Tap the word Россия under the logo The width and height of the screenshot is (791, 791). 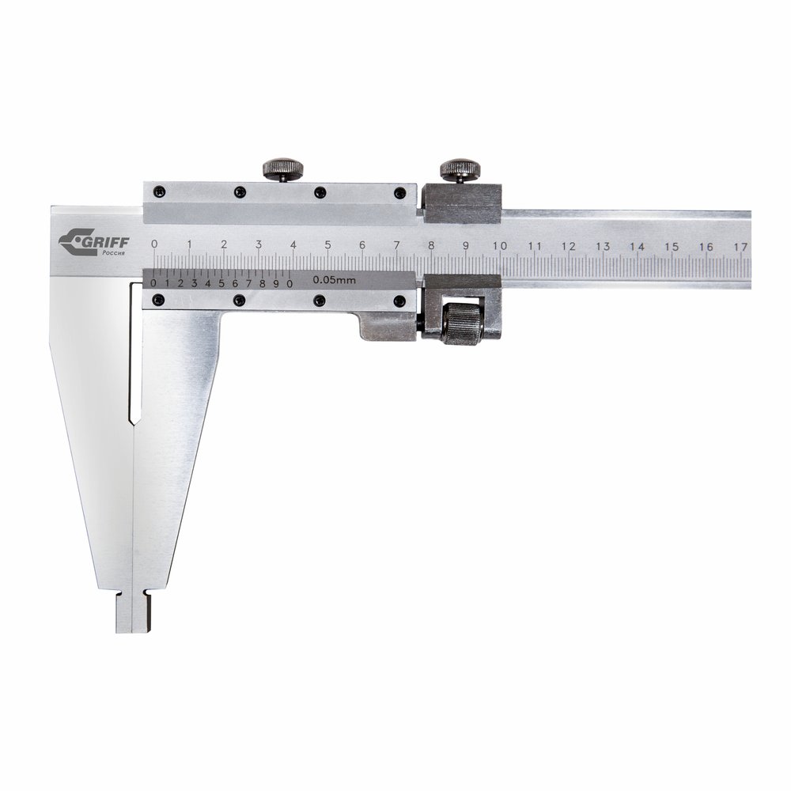[x=114, y=254]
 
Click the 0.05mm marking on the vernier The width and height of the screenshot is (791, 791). [x=334, y=280]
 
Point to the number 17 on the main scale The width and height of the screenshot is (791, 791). [x=740, y=247]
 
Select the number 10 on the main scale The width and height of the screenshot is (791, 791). [x=499, y=246]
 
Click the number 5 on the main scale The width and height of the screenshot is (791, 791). [x=328, y=245]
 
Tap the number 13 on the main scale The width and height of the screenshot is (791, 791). [x=602, y=246]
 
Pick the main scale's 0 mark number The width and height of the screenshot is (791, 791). [x=154, y=244]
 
